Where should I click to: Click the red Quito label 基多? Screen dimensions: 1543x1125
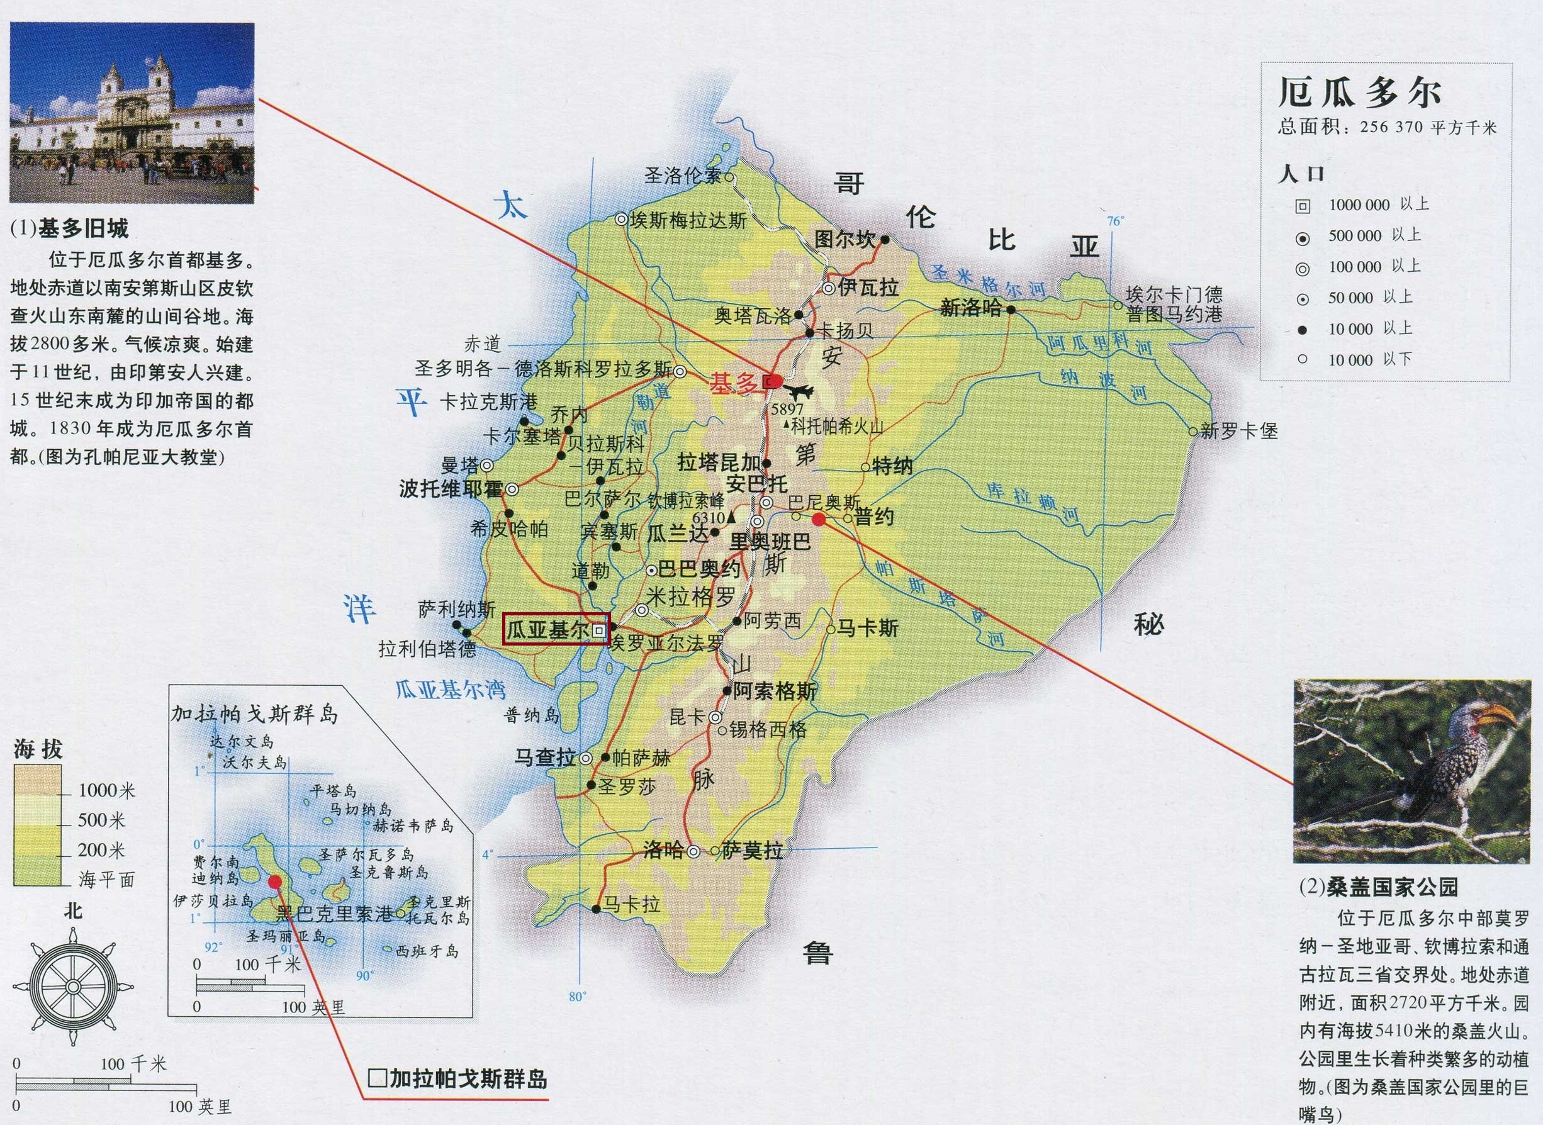(733, 383)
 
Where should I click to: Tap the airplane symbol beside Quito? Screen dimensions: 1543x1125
(798, 391)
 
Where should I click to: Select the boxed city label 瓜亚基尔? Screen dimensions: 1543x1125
(547, 630)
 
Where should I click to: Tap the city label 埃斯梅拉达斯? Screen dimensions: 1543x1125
(688, 220)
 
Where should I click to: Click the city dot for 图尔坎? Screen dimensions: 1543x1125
(885, 239)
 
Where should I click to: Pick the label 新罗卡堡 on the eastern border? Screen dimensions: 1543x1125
(1238, 430)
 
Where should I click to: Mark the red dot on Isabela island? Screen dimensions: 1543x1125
(275, 882)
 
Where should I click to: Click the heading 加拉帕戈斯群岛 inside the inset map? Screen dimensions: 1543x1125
(254, 714)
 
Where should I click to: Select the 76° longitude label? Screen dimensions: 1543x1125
(1114, 221)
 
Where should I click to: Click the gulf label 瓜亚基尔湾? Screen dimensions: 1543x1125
(451, 690)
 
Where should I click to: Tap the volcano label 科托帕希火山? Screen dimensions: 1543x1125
(836, 427)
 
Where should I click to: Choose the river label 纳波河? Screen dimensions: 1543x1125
(1104, 385)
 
